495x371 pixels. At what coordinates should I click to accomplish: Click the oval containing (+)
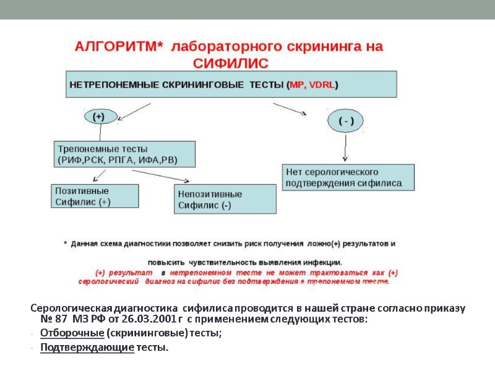(x=98, y=116)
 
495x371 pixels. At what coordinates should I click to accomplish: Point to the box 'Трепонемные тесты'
(x=124, y=154)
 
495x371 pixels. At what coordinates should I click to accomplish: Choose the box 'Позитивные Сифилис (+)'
(x=95, y=196)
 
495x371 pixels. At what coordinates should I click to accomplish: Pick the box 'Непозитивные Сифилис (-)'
(x=225, y=199)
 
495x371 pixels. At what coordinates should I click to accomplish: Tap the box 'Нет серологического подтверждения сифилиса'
(x=348, y=177)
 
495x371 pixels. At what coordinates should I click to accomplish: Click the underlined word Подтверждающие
(x=87, y=348)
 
